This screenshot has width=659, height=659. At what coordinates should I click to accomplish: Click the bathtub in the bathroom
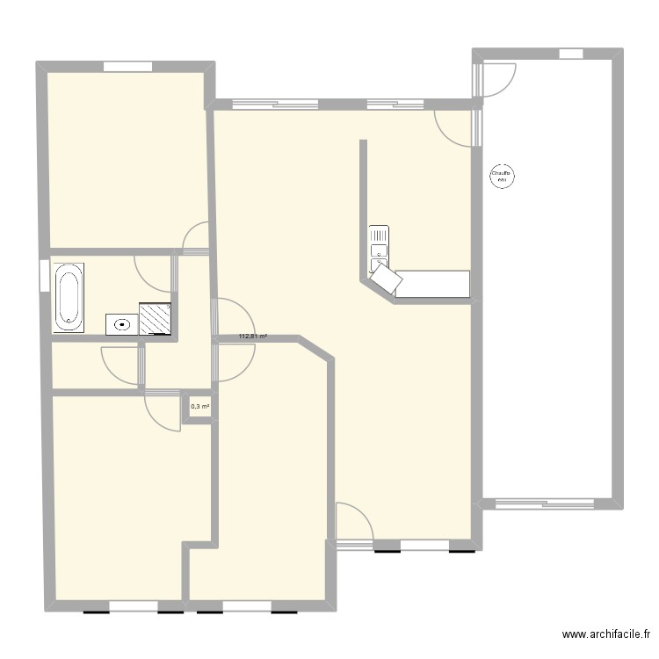pos(69,296)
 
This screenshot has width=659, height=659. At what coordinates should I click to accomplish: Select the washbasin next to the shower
pos(121,324)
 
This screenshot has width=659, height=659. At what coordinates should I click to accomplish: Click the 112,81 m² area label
pos(253,336)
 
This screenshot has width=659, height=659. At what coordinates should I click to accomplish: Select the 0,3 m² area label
pos(199,406)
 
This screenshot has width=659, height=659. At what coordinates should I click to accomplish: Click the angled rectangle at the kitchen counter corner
pos(387,280)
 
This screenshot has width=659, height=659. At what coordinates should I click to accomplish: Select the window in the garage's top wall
pos(571,54)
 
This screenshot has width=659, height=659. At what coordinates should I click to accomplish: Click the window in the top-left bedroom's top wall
pos(128,66)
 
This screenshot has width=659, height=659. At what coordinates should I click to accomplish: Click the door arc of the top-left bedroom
pos(196,237)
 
